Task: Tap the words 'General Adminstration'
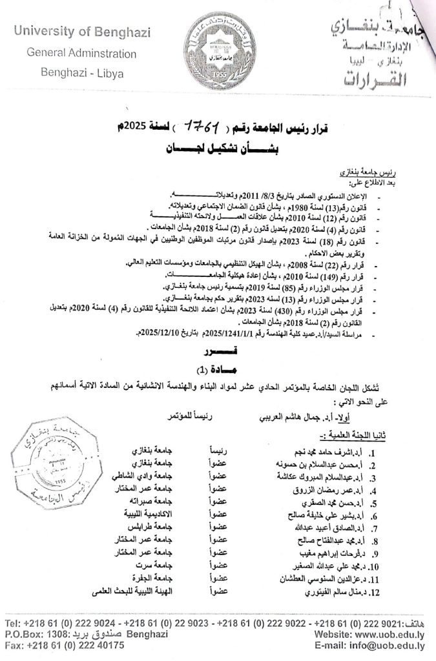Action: [81, 53]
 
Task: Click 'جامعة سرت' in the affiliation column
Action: [156, 564]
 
